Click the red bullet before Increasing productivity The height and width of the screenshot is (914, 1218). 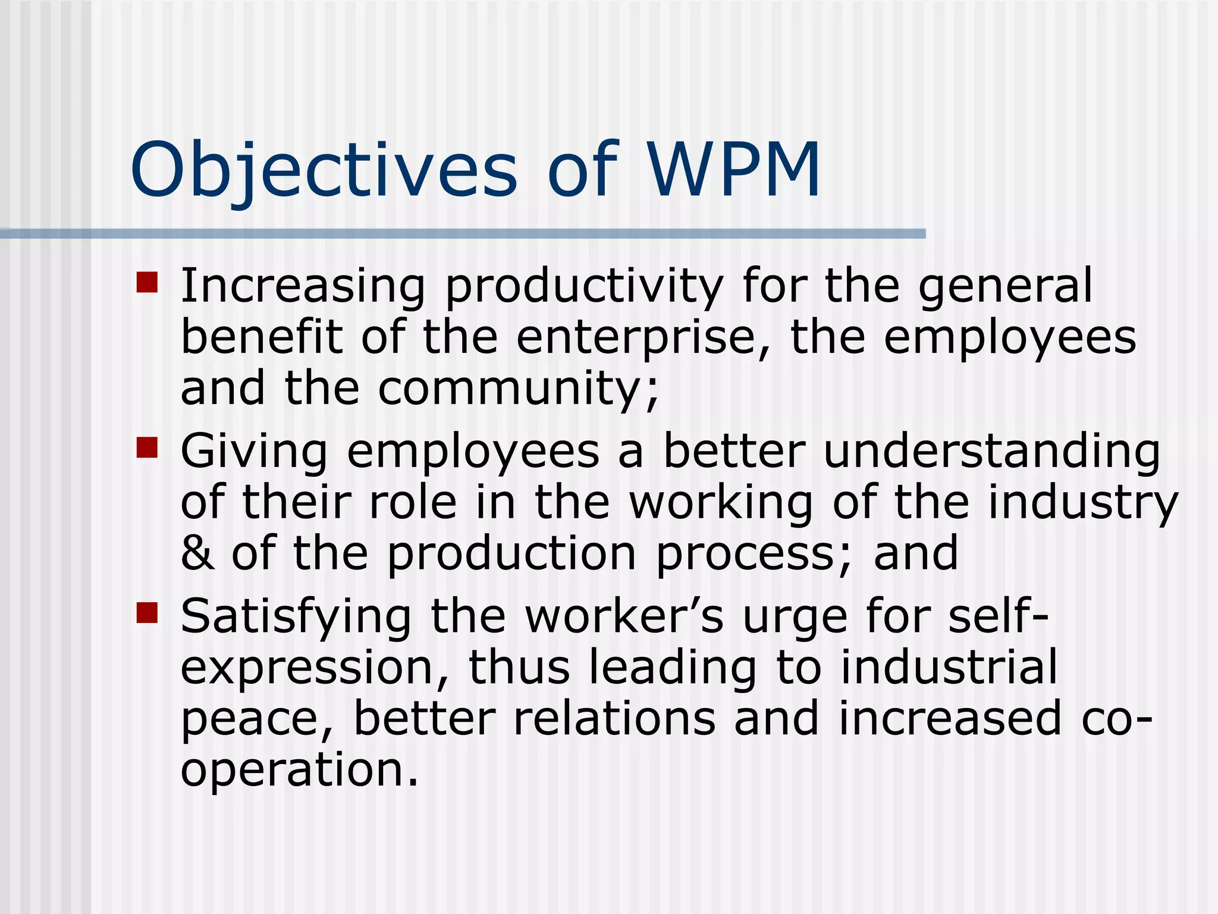(147, 283)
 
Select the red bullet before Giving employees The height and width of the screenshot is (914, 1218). (147, 447)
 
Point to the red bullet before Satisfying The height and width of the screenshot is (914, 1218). (147, 612)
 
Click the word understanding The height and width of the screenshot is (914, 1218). (991, 451)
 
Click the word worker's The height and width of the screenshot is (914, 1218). (624, 616)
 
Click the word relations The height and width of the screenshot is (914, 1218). (614, 718)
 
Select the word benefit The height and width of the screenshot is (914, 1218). (262, 337)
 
